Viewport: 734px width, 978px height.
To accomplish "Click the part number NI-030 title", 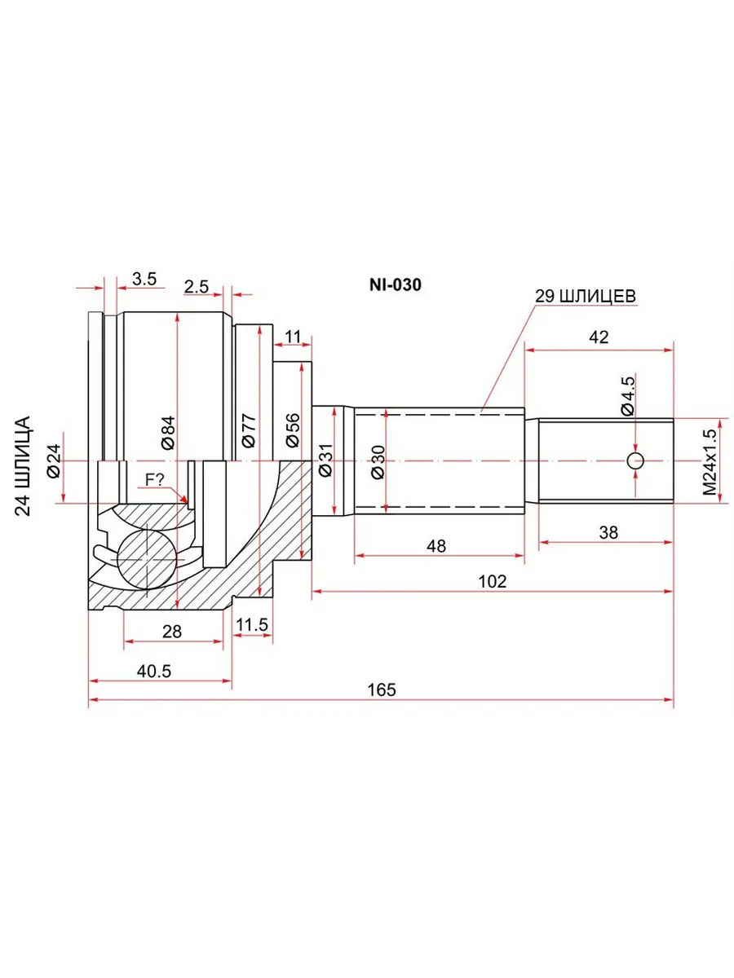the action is point(395,284).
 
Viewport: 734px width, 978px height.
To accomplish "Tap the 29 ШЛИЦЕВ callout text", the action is point(585,296).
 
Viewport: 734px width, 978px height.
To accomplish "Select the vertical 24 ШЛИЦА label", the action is point(23,466).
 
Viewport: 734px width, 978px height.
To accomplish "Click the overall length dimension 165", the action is point(382,689).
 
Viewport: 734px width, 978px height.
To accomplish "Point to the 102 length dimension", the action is point(492,581).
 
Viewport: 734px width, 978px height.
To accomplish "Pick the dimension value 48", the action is point(436,546).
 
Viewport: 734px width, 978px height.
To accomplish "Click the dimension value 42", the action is point(599,337).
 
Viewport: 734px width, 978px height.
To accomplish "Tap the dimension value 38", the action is point(608,532).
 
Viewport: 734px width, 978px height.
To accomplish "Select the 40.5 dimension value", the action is point(154,671).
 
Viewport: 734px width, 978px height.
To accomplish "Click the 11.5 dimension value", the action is point(252,624).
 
